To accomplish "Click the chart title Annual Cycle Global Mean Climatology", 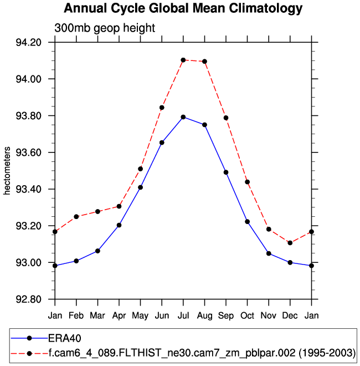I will pos(183,9).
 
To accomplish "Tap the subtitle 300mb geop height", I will pos(104,28).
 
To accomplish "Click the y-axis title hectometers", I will pos(8,171).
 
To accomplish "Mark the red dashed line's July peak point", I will pos(183,60).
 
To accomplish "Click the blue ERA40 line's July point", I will pos(183,117).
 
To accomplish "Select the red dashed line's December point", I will pos(290,243).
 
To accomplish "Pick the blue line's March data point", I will pos(97,251).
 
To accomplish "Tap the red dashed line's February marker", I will pos(76,216).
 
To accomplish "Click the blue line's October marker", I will pos(248,222).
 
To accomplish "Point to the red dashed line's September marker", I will pos(226,118).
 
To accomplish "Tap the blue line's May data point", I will pos(141,187).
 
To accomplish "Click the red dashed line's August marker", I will pos(205,62).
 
